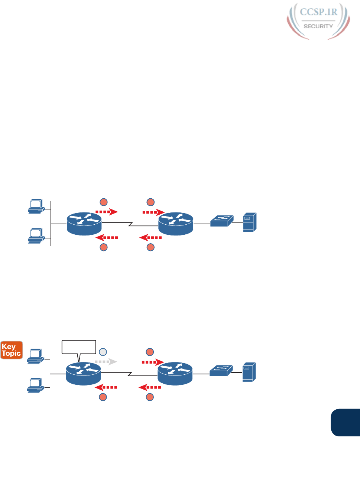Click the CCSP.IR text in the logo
click(318, 12)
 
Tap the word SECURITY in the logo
click(318, 26)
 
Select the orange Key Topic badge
click(12, 350)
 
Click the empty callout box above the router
click(79, 347)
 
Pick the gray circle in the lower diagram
click(103, 352)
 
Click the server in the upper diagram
click(250, 222)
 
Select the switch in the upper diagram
click(222, 221)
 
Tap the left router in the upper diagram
click(84, 224)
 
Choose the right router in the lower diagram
click(175, 373)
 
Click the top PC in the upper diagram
click(36, 206)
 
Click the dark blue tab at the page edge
click(346, 422)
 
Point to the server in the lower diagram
click(249, 372)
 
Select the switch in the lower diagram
click(221, 370)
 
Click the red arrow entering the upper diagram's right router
click(153, 212)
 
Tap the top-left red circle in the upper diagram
click(104, 202)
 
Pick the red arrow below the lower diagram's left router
click(106, 387)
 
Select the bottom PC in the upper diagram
click(36, 236)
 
